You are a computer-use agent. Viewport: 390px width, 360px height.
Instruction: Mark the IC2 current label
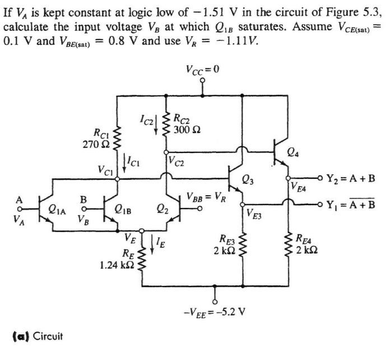pos(148,118)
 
